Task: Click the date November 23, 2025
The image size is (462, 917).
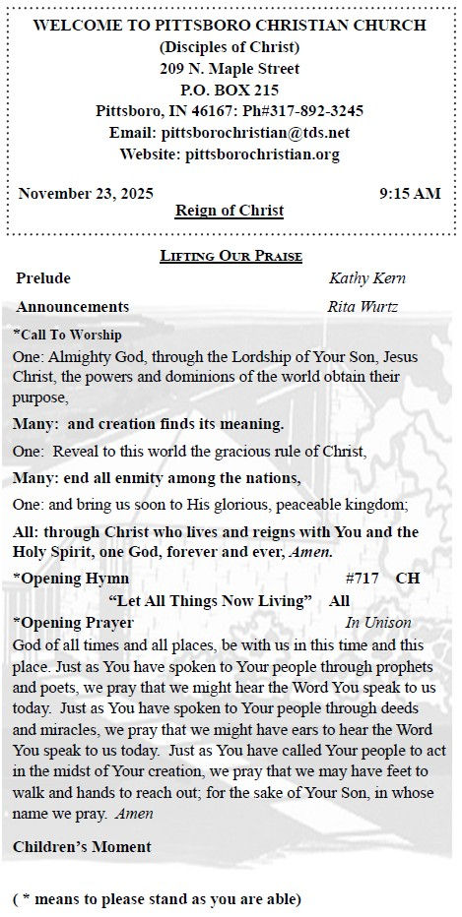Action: pos(86,194)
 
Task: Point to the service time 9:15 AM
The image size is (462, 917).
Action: pos(410,194)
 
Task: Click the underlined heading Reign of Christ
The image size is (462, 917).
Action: pos(230,211)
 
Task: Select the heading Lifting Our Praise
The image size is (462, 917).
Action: pos(231,257)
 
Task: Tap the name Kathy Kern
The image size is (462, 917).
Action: pos(367,278)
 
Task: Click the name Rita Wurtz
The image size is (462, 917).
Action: pos(363,307)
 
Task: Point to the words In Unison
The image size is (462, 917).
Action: pos(378,623)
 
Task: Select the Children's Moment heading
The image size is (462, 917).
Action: pos(82,847)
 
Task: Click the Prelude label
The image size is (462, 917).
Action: pos(44,278)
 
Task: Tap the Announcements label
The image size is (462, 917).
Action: pos(73,307)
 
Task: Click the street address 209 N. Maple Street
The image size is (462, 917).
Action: pos(230,69)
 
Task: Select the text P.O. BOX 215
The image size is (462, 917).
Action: pos(230,90)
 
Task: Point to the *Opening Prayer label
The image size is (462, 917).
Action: pos(74,623)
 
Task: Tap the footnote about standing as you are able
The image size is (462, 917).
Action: pos(157,898)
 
